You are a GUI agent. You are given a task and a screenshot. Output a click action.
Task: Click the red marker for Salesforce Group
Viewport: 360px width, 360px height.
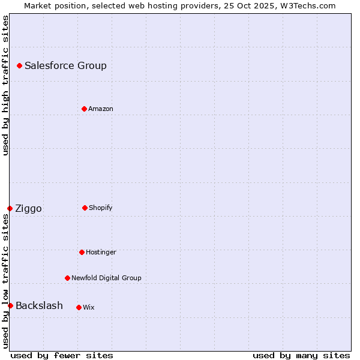[19, 65]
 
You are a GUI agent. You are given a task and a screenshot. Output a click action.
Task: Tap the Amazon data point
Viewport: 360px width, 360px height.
[84, 109]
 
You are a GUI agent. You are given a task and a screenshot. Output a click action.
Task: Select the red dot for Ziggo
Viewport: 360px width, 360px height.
[10, 208]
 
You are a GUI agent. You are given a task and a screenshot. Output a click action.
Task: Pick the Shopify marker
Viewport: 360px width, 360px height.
[85, 208]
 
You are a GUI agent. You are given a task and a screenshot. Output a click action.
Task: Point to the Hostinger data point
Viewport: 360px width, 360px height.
[82, 252]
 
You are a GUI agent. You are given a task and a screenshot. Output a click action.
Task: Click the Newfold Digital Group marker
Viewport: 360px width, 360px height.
[67, 278]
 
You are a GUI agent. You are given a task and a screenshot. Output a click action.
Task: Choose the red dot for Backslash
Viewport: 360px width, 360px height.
[10, 305]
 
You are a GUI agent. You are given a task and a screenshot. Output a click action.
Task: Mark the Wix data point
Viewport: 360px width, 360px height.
[79, 307]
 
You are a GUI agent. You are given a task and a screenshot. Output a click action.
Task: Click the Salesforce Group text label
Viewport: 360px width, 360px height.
[65, 65]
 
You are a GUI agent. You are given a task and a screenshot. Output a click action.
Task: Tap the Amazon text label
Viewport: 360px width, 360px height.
[101, 109]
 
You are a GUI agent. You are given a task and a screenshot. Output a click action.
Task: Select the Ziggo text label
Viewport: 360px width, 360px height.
[28, 208]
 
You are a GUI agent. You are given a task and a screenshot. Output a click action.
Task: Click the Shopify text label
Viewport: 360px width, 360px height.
[101, 208]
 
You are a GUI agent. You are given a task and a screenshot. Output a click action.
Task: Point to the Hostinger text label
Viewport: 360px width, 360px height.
[101, 252]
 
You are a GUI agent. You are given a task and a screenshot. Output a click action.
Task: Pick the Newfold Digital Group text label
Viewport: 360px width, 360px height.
[106, 278]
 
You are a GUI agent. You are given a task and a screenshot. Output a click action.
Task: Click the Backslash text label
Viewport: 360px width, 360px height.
[39, 305]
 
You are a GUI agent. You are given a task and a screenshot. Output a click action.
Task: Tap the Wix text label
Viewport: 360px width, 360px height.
[89, 307]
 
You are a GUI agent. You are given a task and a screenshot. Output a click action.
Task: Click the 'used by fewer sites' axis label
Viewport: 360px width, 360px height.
[62, 355]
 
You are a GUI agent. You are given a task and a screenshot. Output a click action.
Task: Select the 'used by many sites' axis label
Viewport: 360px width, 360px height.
[301, 355]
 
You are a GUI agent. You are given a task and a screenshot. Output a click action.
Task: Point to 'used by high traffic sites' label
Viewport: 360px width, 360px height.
[5, 85]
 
